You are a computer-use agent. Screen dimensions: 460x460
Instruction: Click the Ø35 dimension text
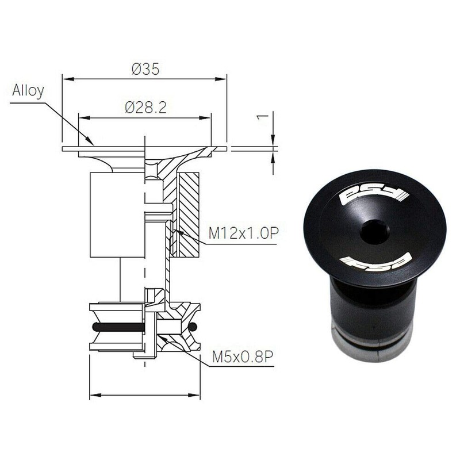[145, 69]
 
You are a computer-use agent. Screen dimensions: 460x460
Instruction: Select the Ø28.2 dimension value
[145, 108]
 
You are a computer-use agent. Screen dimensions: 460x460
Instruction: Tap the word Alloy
[28, 91]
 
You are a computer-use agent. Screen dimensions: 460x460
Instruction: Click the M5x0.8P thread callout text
[241, 357]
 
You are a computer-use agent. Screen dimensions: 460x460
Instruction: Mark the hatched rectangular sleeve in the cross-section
[189, 214]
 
